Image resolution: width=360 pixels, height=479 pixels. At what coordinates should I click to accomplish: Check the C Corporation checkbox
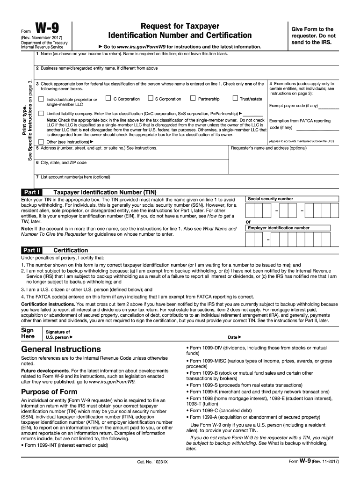point(108,99)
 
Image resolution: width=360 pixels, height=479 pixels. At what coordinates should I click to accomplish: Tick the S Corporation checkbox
point(151,99)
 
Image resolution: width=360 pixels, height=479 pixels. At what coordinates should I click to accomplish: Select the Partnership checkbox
point(193,99)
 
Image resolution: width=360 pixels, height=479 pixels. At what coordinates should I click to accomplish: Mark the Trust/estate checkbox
point(235,99)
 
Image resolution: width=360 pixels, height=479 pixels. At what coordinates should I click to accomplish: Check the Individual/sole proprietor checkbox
point(41,99)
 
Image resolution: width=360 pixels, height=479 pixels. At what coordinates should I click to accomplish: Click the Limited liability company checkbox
point(41,114)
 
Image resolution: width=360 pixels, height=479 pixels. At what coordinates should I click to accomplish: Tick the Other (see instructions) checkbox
point(41,141)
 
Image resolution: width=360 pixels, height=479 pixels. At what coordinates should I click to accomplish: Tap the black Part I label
point(32,192)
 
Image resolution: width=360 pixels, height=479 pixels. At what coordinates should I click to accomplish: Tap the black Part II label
point(33,250)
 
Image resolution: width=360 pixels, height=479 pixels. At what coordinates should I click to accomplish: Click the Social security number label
point(270,199)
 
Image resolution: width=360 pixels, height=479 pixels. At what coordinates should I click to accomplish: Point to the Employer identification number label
point(278,228)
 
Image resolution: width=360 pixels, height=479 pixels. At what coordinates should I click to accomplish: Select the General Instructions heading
point(61,349)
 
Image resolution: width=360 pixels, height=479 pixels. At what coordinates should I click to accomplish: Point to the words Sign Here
point(29,333)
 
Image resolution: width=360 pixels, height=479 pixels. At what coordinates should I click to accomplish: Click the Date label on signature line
point(234,337)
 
